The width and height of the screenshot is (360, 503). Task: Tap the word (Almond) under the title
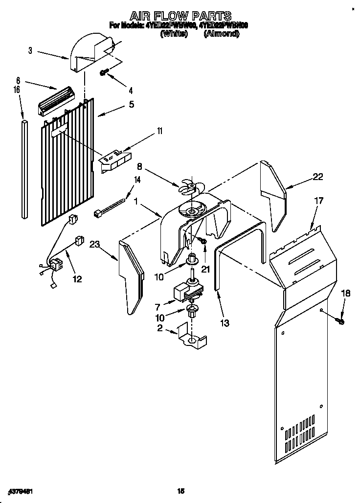click(221, 34)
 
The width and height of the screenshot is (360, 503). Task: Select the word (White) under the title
click(174, 34)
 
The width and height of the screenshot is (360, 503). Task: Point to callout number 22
click(318, 177)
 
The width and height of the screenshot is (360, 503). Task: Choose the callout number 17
click(318, 200)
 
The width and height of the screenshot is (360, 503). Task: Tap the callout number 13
click(225, 322)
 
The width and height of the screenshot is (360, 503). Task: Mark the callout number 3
click(30, 50)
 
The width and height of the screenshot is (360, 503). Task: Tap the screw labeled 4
click(104, 73)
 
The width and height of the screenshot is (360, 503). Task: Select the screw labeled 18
click(341, 321)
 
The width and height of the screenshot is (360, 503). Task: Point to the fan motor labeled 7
click(185, 292)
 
